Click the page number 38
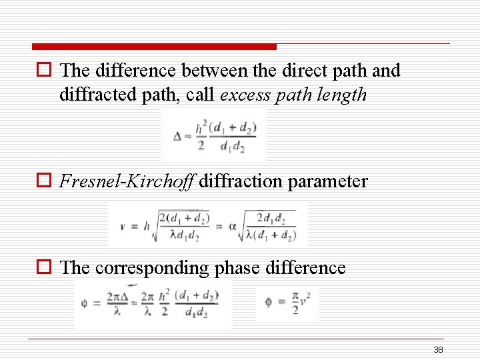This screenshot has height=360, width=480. pyautogui.click(x=438, y=350)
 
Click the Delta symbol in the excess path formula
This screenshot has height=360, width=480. pyautogui.click(x=177, y=136)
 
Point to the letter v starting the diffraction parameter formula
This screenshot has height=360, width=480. pyautogui.click(x=123, y=226)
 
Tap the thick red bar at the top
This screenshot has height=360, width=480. pyautogui.click(x=154, y=47)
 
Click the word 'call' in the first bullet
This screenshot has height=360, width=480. pyautogui.click(x=200, y=95)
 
